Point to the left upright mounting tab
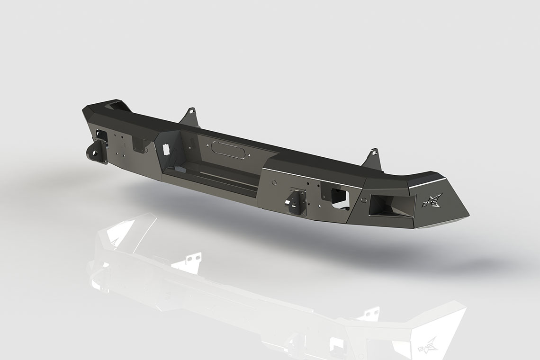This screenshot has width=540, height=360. point(190,117)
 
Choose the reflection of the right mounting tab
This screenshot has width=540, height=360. point(369,315)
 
